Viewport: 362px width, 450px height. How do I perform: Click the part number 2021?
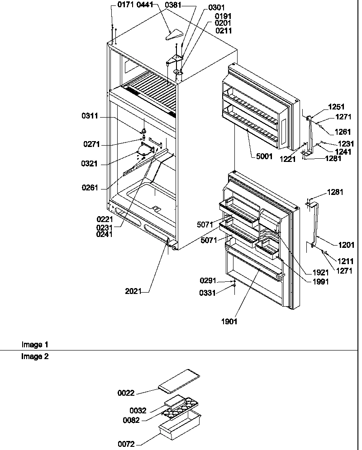point(133,291)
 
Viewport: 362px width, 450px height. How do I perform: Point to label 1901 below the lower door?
point(229,322)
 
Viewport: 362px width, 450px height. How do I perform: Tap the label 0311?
point(90,117)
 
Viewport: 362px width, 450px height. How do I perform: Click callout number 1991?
point(320,281)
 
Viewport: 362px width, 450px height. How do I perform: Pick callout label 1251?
point(337,107)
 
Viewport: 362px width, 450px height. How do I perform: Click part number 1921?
point(320,273)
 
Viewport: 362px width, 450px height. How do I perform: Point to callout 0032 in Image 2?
point(138,411)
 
